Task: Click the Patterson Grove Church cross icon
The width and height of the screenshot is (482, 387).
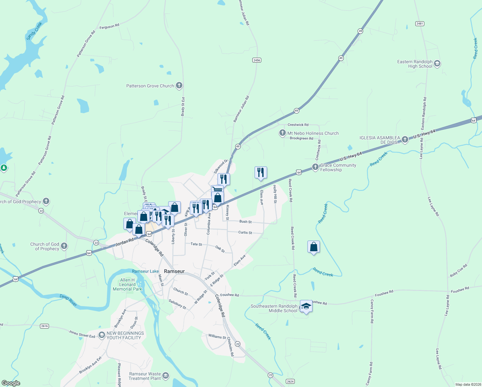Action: click(x=179, y=85)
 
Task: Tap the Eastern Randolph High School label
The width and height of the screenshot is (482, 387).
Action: click(x=415, y=64)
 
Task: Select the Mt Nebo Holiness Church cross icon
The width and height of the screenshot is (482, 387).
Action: click(x=282, y=133)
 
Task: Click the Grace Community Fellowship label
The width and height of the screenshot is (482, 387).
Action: click(x=338, y=167)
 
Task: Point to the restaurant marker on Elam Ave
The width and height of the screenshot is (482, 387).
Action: click(x=261, y=173)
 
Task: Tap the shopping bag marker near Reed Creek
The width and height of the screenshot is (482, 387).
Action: click(x=313, y=247)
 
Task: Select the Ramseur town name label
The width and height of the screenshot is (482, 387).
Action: click(x=174, y=271)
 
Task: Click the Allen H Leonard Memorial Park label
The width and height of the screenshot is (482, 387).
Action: click(x=128, y=284)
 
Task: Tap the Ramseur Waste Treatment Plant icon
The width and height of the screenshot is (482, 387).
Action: click(x=166, y=376)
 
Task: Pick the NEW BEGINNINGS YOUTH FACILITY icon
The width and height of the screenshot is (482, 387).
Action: click(x=102, y=335)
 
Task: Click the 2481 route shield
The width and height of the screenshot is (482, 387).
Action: click(x=420, y=24)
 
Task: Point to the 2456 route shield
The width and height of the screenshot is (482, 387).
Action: click(x=257, y=60)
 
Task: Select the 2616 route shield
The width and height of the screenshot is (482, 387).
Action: click(x=44, y=326)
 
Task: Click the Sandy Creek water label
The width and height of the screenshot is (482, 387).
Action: click(x=34, y=31)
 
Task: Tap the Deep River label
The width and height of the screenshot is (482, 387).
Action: click(x=68, y=300)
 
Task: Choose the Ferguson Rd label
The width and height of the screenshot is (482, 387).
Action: click(x=109, y=26)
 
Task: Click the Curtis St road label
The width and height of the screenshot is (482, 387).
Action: click(x=245, y=232)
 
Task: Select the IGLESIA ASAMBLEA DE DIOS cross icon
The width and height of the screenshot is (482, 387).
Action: click(x=405, y=139)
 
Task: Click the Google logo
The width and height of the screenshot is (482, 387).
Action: click(x=11, y=383)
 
